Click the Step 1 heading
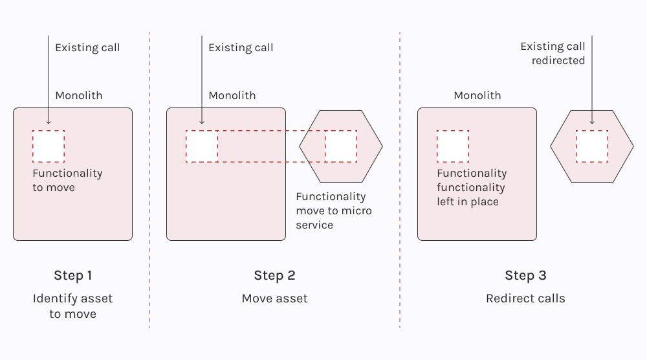pyautogui.click(x=72, y=276)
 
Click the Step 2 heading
pyautogui.click(x=274, y=276)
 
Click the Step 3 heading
pyautogui.click(x=525, y=276)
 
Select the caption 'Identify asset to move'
pyautogui.click(x=72, y=306)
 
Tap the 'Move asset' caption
pyautogui.click(x=274, y=298)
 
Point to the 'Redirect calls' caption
pyautogui.click(x=525, y=298)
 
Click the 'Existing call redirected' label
pyautogui.click(x=553, y=53)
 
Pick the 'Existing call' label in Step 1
pyautogui.click(x=87, y=47)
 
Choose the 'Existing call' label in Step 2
pyautogui.click(x=241, y=47)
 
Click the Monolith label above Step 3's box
pyautogui.click(x=477, y=95)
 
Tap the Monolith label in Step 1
pyautogui.click(x=78, y=95)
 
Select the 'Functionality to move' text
pyautogui.click(x=67, y=180)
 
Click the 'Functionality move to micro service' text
pyautogui.click(x=334, y=210)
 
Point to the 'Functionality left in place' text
pyautogui.click(x=472, y=188)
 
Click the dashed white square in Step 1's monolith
pyautogui.click(x=49, y=146)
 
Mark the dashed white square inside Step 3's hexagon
pyautogui.click(x=591, y=146)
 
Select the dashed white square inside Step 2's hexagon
pyautogui.click(x=341, y=146)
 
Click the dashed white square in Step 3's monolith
pyautogui.click(x=453, y=146)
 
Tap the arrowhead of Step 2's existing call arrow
pyautogui.click(x=202, y=122)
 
